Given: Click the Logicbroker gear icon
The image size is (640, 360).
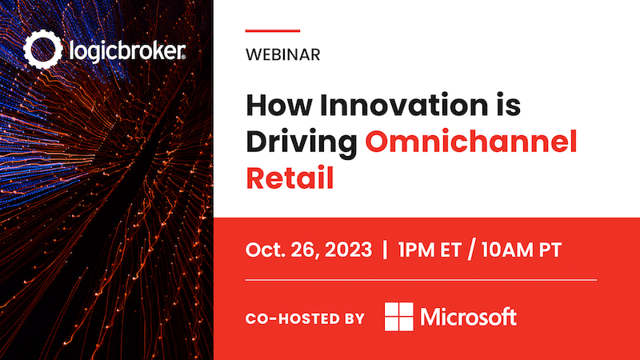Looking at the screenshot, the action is click(x=43, y=50).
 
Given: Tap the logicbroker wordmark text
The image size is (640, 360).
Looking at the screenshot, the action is click(x=127, y=51).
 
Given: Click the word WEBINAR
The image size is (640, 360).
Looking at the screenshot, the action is click(x=283, y=54).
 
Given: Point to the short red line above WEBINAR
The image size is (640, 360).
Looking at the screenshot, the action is click(x=273, y=30).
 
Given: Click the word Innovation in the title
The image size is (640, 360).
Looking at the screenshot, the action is click(x=404, y=106).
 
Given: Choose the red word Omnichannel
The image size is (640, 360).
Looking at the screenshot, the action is click(x=471, y=142).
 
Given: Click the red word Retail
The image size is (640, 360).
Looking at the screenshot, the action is click(x=290, y=178).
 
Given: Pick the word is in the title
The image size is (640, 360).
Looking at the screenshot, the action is click(x=508, y=106).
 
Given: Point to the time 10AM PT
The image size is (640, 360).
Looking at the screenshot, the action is click(x=522, y=250).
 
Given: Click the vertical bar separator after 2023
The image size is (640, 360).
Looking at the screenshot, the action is click(x=385, y=250).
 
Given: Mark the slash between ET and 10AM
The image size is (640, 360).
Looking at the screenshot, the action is click(x=471, y=250).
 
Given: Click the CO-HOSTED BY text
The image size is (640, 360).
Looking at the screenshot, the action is click(x=305, y=318).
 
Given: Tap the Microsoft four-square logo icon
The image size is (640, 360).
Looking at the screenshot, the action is click(x=398, y=317).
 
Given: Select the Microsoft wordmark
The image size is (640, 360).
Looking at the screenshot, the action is click(x=469, y=317).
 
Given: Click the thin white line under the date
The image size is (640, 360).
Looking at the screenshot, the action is click(x=422, y=280).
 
